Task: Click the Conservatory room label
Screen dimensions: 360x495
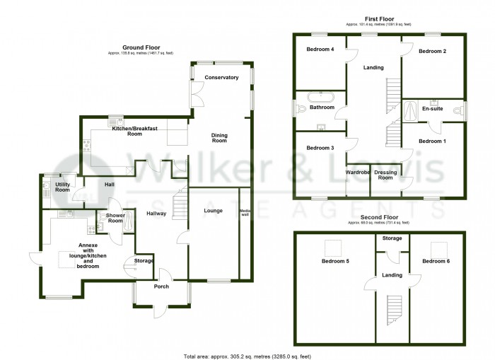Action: (221, 77)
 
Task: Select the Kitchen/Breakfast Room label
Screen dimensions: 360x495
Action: (134, 129)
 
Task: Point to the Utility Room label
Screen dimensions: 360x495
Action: (63, 187)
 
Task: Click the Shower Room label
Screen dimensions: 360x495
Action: (115, 219)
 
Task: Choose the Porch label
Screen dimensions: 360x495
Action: (162, 286)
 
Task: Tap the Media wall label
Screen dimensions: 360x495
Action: (245, 214)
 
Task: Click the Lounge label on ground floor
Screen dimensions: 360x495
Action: (214, 210)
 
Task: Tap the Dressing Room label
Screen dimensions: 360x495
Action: (385, 175)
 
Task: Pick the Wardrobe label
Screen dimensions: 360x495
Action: (358, 172)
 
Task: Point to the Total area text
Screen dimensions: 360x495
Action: (247, 356)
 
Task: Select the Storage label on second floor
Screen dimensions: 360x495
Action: (392, 239)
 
